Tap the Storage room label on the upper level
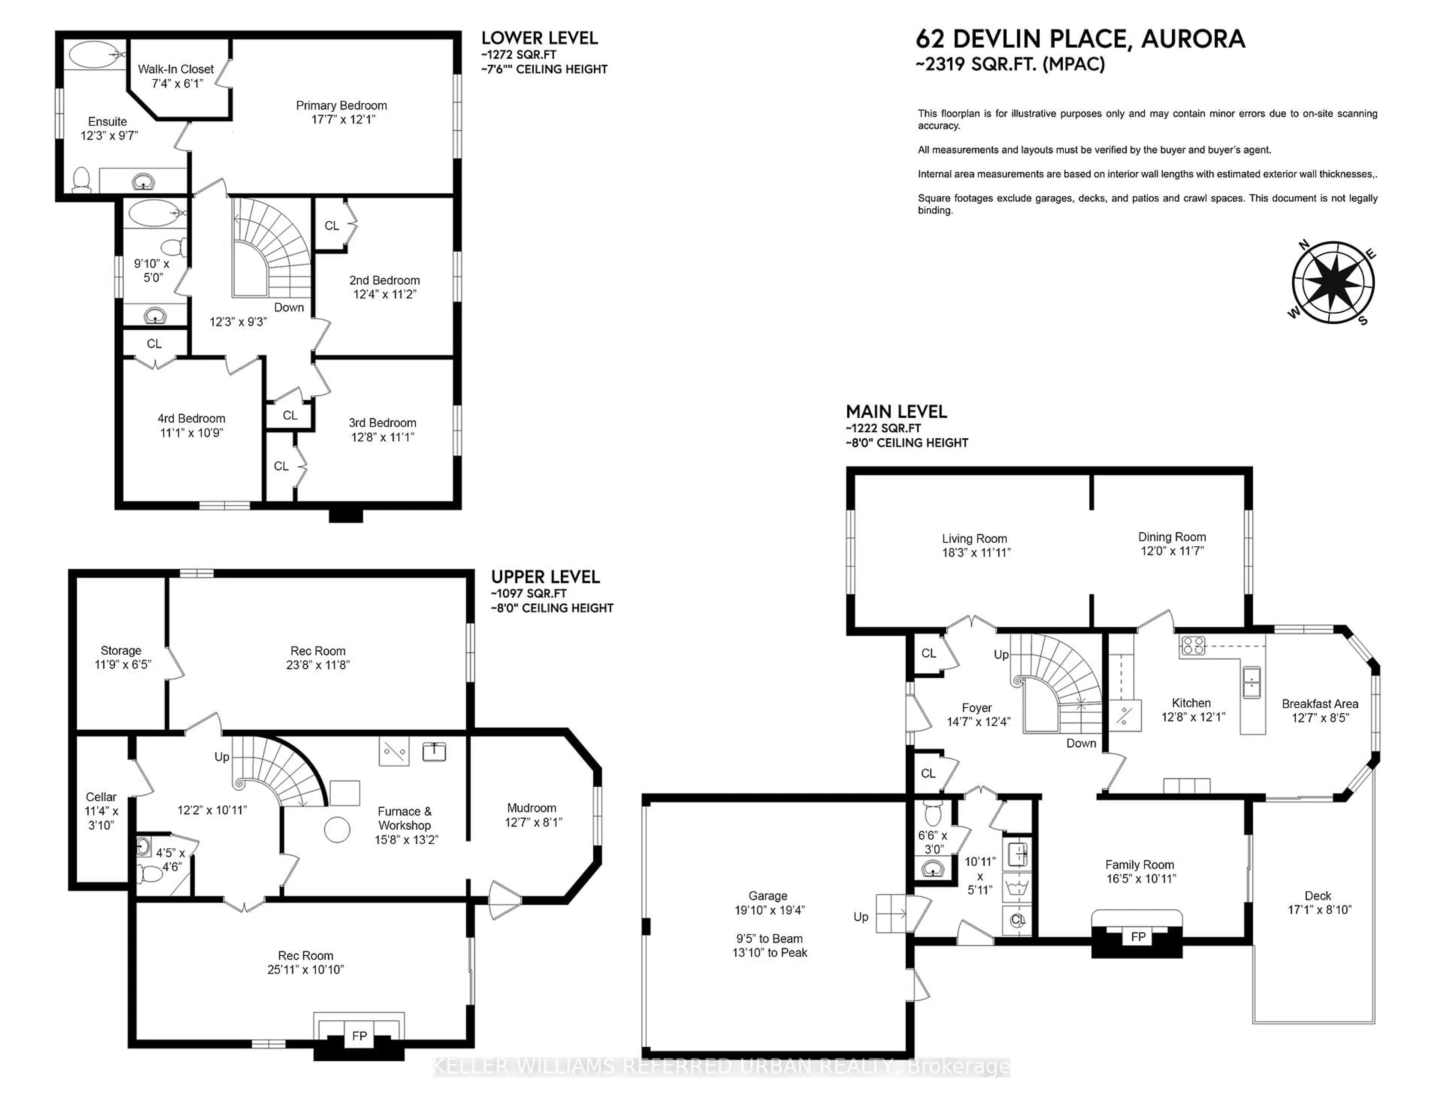tap(121, 651)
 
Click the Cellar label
tap(101, 797)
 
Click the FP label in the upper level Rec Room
tap(359, 1036)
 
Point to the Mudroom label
tap(531, 808)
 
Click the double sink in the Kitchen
tap(1251, 682)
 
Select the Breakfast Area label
tap(1319, 704)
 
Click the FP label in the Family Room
tap(1138, 937)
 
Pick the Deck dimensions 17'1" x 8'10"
tap(1319, 910)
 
